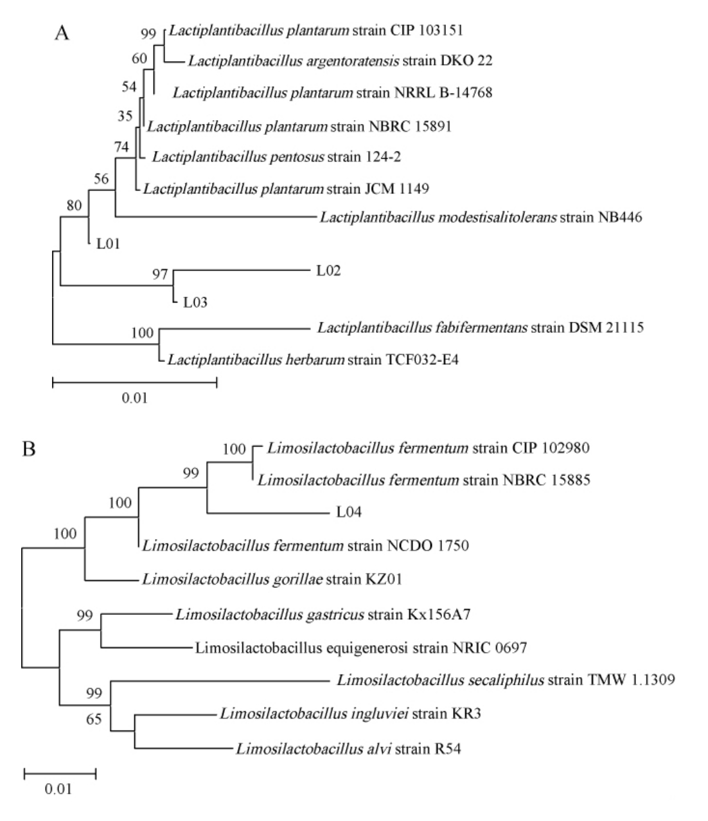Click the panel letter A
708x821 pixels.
(62, 33)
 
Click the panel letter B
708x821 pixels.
(29, 448)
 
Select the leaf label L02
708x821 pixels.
(328, 270)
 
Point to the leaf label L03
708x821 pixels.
(195, 302)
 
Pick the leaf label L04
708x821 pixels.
(350, 512)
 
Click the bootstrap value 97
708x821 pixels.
(160, 275)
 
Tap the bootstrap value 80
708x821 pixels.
(74, 205)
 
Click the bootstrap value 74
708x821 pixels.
(121, 146)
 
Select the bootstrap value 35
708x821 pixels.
(125, 116)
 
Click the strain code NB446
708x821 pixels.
(619, 217)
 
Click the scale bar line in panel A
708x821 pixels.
(134, 383)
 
